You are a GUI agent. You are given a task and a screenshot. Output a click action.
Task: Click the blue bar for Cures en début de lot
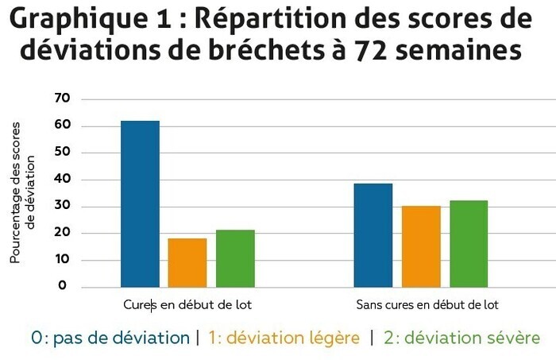140,203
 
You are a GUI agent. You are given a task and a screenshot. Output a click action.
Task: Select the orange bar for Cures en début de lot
187,262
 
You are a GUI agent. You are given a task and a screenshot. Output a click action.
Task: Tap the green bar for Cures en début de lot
235,258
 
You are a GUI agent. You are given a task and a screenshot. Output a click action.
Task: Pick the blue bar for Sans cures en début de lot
373,235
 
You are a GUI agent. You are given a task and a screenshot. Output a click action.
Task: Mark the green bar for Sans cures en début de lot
468,244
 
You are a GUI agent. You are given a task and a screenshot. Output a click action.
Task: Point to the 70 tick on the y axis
62,99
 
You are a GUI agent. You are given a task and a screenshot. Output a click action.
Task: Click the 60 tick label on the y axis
62,126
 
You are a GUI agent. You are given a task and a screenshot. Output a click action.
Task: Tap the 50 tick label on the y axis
62,153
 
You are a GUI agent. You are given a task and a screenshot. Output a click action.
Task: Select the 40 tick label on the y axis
62,180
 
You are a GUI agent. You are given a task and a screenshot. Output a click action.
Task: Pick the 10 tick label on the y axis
62,260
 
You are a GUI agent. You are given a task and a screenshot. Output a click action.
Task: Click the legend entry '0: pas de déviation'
110,338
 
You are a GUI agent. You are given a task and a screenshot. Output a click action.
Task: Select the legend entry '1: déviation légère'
284,338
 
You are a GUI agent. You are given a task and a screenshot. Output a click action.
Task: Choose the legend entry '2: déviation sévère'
461,338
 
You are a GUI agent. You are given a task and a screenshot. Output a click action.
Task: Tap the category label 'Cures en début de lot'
187,304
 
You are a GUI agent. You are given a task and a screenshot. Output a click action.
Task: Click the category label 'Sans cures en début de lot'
427,304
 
